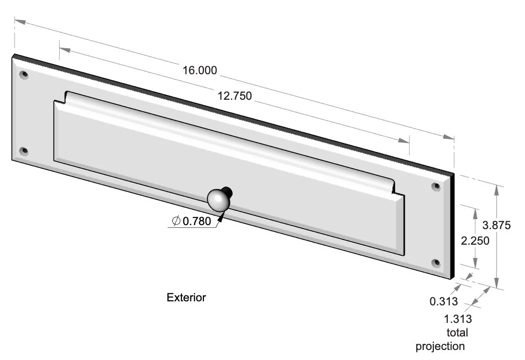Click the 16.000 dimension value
(200, 70)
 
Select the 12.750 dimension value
(234, 96)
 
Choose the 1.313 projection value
(458, 318)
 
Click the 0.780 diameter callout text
(197, 221)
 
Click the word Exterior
(186, 297)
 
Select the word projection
(440, 346)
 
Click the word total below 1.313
(456, 332)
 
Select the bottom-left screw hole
(23, 150)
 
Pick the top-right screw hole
(436, 186)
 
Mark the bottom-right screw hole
(435, 262)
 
